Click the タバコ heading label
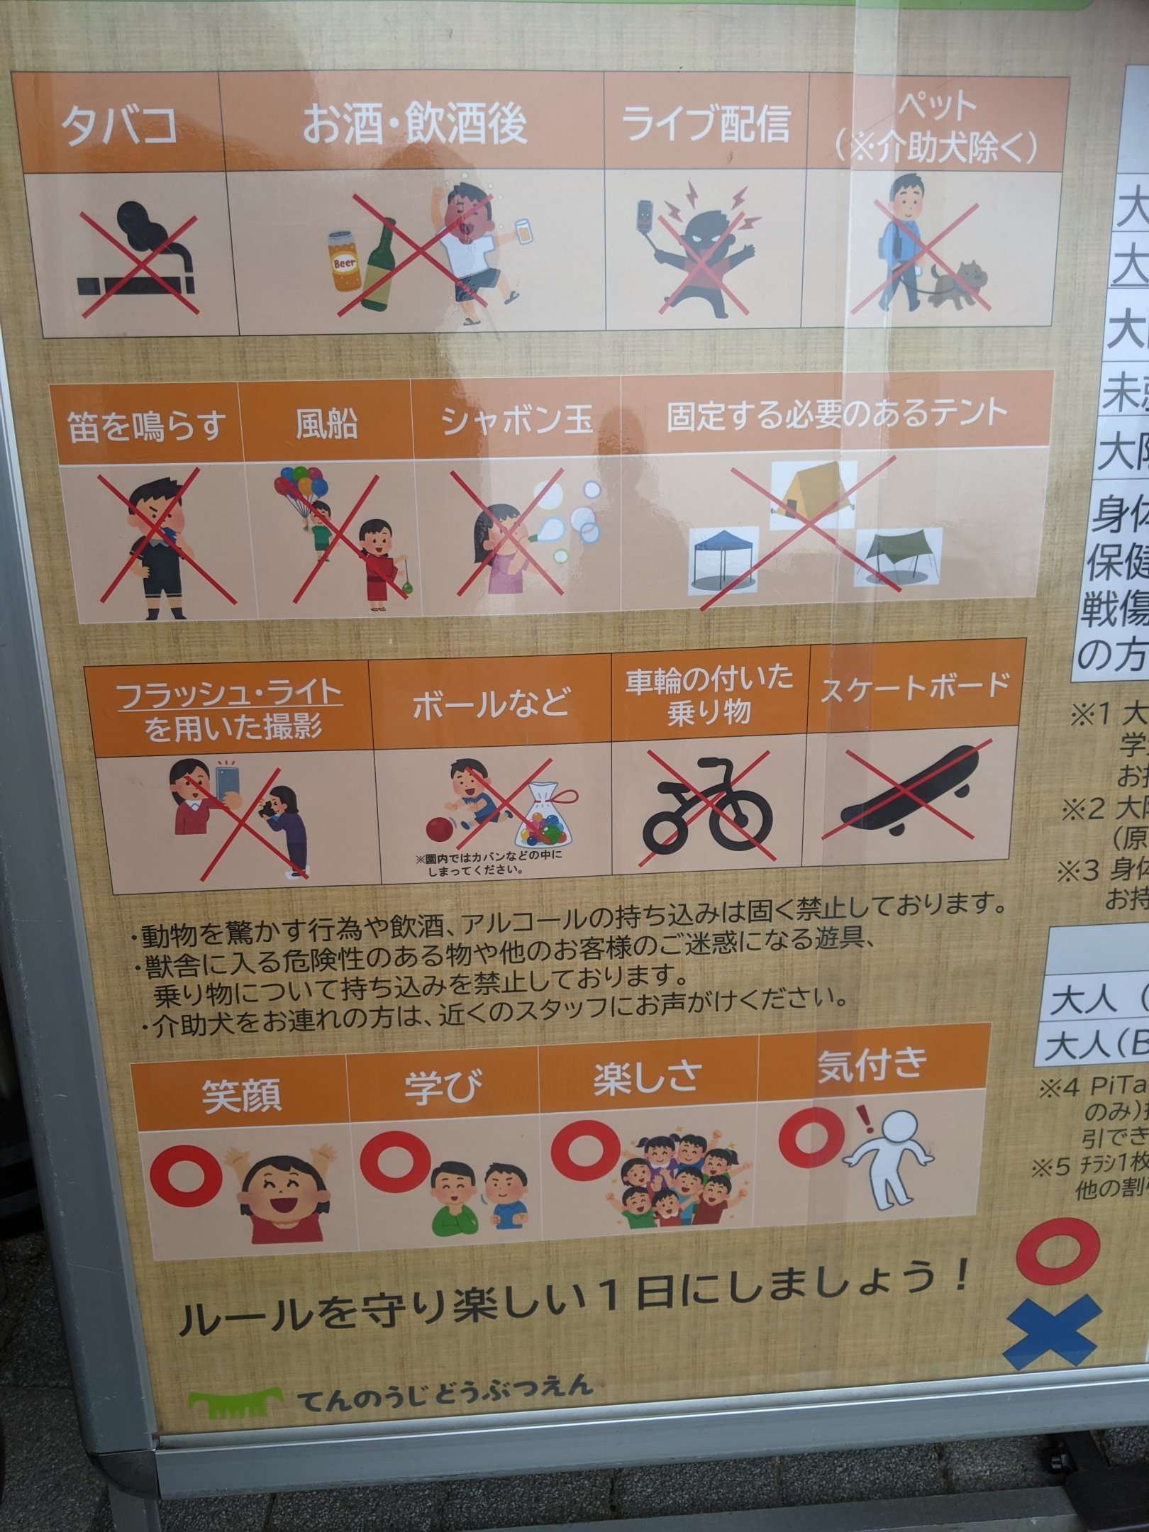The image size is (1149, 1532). click(119, 127)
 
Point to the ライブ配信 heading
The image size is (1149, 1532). click(705, 123)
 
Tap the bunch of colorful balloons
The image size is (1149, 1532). click(301, 489)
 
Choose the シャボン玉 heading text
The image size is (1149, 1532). click(516, 421)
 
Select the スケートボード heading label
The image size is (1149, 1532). click(915, 686)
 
